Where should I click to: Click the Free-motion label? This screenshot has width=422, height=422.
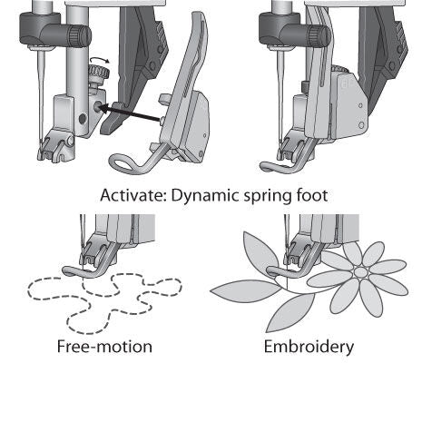tap(103, 347)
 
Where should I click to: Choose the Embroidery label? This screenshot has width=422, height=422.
tap(309, 347)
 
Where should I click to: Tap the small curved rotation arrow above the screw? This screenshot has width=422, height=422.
tap(96, 68)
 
